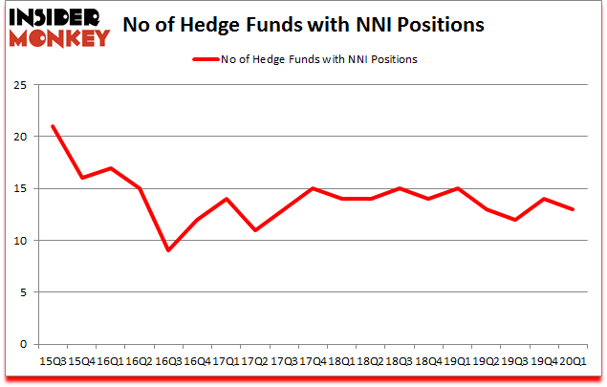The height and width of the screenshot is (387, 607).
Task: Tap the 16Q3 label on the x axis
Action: pos(168,360)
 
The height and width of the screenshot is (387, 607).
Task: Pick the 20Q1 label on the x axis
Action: pos(573,360)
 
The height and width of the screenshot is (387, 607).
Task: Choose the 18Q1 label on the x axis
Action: pos(341,360)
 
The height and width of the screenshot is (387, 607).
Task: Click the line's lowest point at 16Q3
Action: pos(168,250)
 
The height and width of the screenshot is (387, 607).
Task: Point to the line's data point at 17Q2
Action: pos(255,229)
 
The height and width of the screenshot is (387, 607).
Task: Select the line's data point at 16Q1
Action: pos(110,168)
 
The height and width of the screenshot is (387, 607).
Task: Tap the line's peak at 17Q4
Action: pos(313,188)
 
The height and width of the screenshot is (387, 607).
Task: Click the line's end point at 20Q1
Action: pos(573,209)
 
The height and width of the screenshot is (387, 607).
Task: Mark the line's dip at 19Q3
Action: pos(515,220)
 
